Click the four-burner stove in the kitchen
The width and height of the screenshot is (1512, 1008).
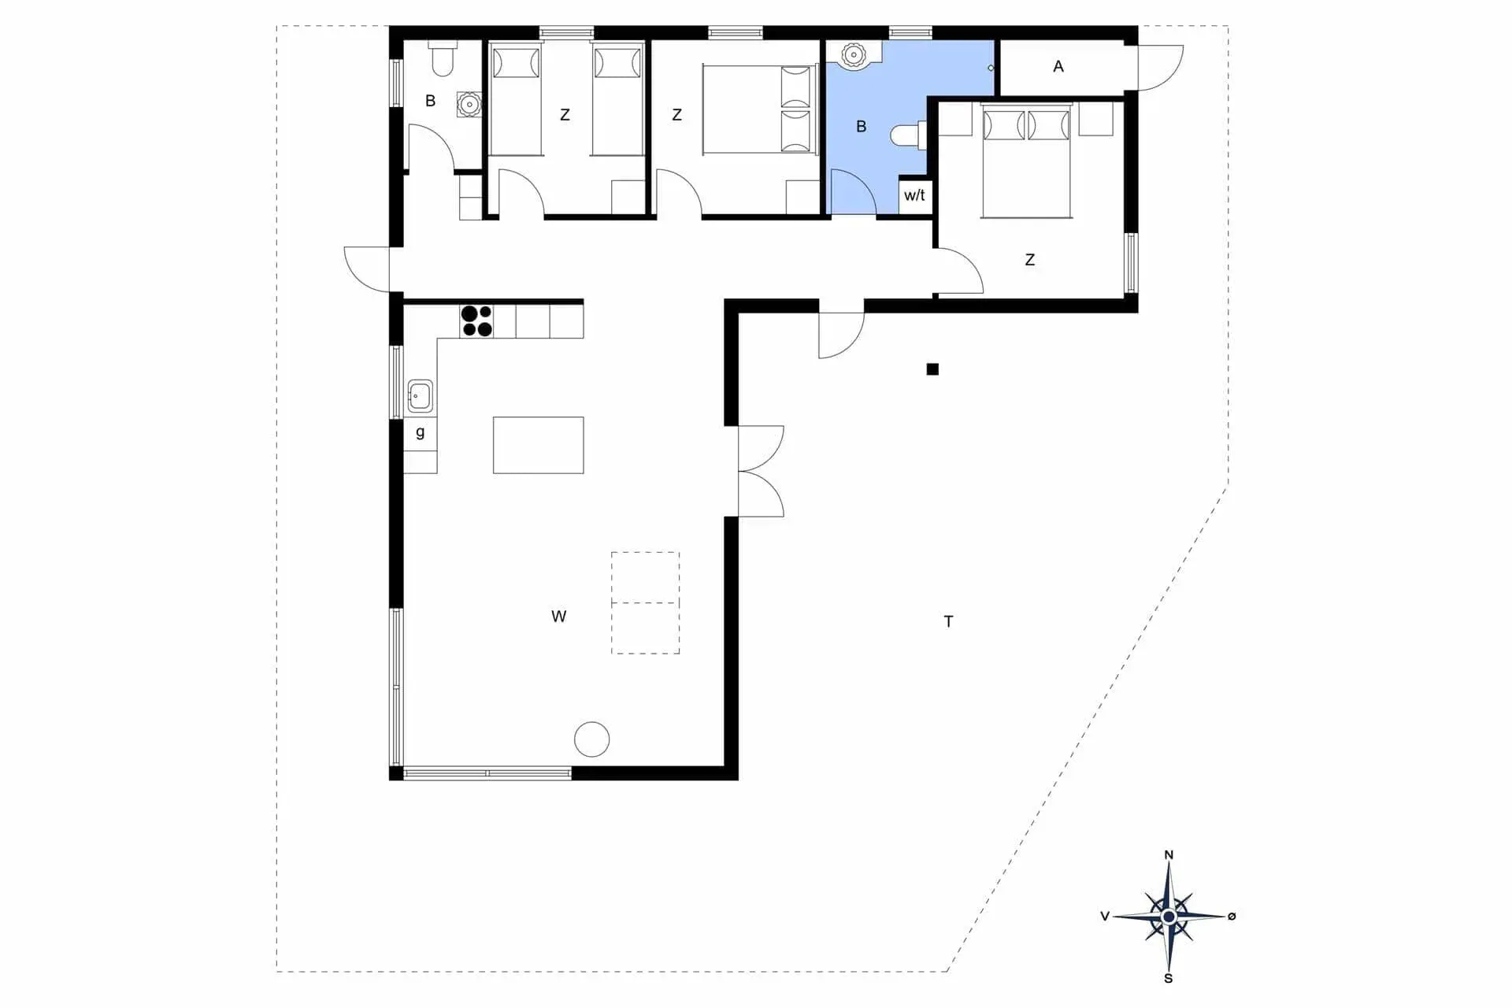[x=476, y=321]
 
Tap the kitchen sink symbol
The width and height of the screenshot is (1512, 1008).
[x=420, y=396]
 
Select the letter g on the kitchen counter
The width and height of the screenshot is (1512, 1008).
[x=421, y=432]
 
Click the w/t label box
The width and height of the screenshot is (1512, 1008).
[x=915, y=195]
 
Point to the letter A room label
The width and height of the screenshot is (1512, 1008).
[x=1058, y=67]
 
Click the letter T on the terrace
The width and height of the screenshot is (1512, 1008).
[x=948, y=621]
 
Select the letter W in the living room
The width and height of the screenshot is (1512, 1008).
[x=558, y=617]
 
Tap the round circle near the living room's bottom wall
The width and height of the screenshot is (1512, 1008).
[x=591, y=739]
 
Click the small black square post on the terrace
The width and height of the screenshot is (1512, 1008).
[x=932, y=369]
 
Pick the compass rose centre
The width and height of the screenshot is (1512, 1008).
[x=1169, y=917]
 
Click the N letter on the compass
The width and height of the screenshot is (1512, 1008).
[x=1169, y=854]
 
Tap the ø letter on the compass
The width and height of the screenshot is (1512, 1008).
[x=1232, y=916]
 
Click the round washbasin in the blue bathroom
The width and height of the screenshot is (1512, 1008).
[x=853, y=54]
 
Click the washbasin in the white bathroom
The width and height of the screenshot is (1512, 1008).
[x=469, y=104]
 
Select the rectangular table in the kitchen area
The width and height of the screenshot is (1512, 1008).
[x=539, y=445]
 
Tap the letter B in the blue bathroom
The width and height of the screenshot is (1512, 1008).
[x=861, y=126]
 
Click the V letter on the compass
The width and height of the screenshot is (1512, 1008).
[x=1105, y=916]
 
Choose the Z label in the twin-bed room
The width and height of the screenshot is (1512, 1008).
[x=565, y=115]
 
